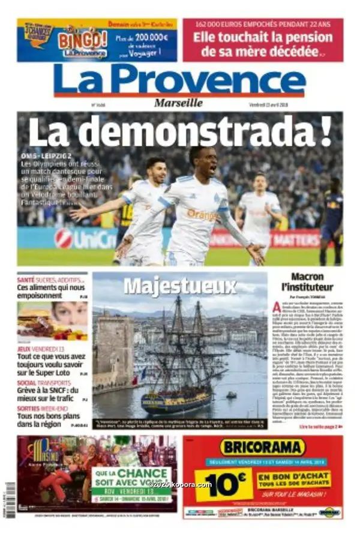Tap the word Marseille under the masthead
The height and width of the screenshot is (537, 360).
[178, 103]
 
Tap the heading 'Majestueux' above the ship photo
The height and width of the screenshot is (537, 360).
[180, 286]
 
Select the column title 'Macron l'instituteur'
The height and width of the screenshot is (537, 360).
[307, 281]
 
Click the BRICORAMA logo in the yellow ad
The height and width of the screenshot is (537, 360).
[262, 447]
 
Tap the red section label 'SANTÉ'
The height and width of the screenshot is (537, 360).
[26, 280]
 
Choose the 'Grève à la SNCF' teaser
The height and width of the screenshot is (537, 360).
[51, 394]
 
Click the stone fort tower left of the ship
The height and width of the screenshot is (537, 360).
[114, 348]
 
